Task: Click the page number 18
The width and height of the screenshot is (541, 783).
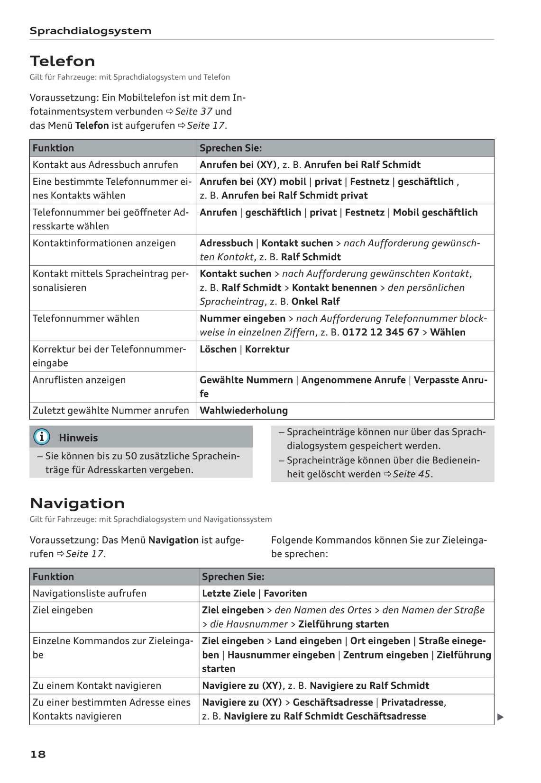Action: (x=38, y=754)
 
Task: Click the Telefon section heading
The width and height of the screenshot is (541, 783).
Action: (x=62, y=61)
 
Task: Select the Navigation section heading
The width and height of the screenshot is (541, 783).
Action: (x=77, y=503)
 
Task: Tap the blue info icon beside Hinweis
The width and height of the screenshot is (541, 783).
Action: (x=42, y=437)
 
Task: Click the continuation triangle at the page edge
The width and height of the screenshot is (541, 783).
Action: (x=500, y=717)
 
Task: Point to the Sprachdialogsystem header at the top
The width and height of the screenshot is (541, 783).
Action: (x=90, y=31)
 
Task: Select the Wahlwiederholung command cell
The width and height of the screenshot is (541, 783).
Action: (x=244, y=411)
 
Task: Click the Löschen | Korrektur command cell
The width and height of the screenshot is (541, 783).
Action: (x=244, y=350)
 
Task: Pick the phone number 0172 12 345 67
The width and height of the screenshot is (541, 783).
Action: (x=380, y=333)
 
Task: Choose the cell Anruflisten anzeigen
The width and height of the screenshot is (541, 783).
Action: (x=79, y=380)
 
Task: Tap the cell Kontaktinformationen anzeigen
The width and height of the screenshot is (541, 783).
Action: (x=104, y=243)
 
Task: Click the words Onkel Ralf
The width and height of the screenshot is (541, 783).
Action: (x=315, y=302)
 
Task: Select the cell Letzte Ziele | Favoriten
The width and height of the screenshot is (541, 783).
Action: (x=254, y=594)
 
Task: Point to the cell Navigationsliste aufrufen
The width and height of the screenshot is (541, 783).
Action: (x=89, y=594)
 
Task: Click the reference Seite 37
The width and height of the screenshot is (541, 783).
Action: (x=193, y=112)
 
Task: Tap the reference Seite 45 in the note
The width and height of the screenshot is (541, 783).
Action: (x=412, y=474)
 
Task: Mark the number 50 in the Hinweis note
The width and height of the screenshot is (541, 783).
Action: (x=131, y=456)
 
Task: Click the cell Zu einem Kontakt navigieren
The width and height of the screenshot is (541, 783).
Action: (x=97, y=686)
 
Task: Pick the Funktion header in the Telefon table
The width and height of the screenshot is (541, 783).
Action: (x=53, y=148)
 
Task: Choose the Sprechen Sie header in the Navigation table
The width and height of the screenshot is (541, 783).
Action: (x=233, y=577)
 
